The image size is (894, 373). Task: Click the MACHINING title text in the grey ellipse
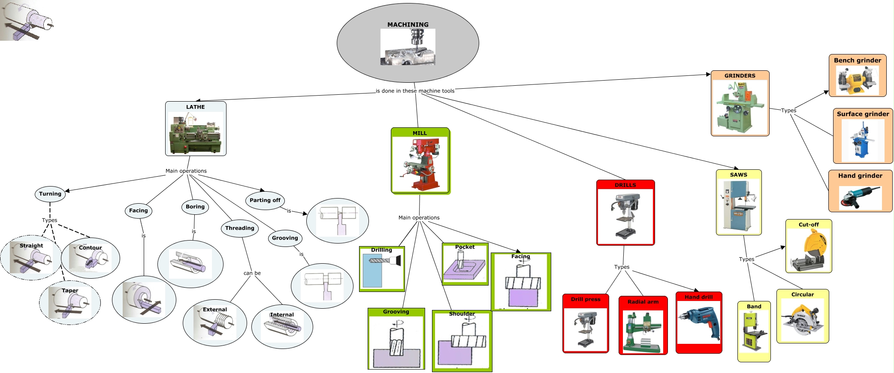click(408, 24)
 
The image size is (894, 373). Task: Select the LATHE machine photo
click(196, 133)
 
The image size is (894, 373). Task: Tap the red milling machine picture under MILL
click(420, 164)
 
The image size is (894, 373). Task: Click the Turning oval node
click(50, 194)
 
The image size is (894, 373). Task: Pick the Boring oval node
click(195, 207)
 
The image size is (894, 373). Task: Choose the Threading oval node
click(239, 228)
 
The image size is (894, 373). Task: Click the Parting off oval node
click(265, 200)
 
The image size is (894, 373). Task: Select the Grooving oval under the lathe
click(285, 238)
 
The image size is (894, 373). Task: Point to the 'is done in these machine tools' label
click(415, 91)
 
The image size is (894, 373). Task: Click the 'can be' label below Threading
click(252, 273)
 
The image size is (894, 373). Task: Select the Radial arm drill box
click(643, 325)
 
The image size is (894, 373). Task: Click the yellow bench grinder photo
click(857, 80)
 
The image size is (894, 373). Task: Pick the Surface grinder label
click(863, 114)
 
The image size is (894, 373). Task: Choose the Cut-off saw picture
click(808, 250)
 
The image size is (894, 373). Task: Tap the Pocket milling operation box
click(465, 264)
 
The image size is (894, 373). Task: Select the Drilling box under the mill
click(382, 269)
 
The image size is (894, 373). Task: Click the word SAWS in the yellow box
click(738, 175)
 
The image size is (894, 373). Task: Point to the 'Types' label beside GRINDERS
click(788, 111)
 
